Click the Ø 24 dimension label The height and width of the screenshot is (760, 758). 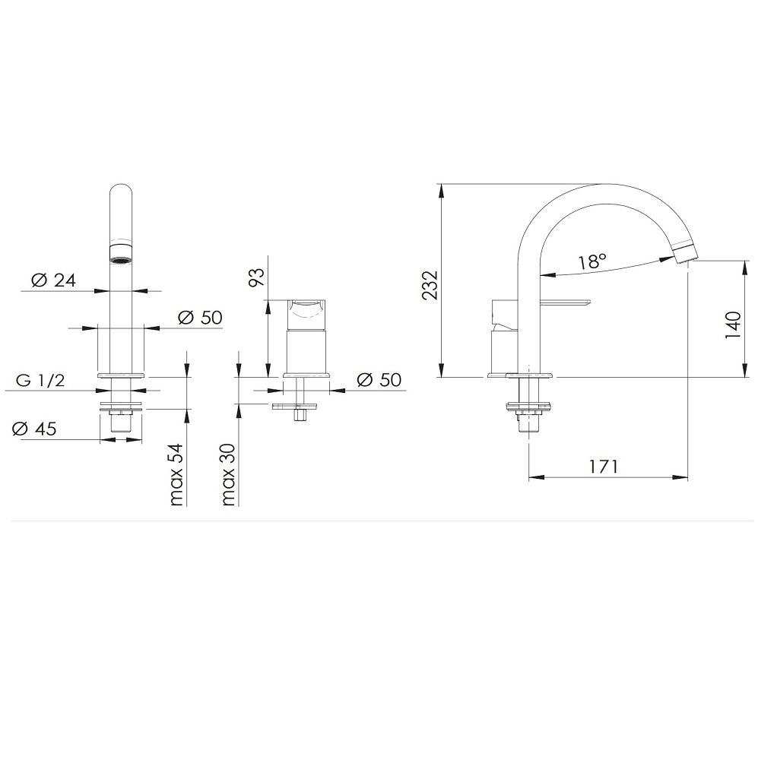(53, 280)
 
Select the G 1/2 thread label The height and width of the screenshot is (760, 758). (40, 380)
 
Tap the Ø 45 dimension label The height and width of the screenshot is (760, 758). (34, 429)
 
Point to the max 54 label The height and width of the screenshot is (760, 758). (176, 474)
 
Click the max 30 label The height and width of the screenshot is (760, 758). (228, 474)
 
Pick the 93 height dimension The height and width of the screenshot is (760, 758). (257, 277)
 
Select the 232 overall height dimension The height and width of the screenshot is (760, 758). (430, 286)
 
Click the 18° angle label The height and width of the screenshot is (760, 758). (592, 261)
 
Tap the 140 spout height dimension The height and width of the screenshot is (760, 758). (733, 325)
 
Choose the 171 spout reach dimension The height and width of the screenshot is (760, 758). (604, 467)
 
